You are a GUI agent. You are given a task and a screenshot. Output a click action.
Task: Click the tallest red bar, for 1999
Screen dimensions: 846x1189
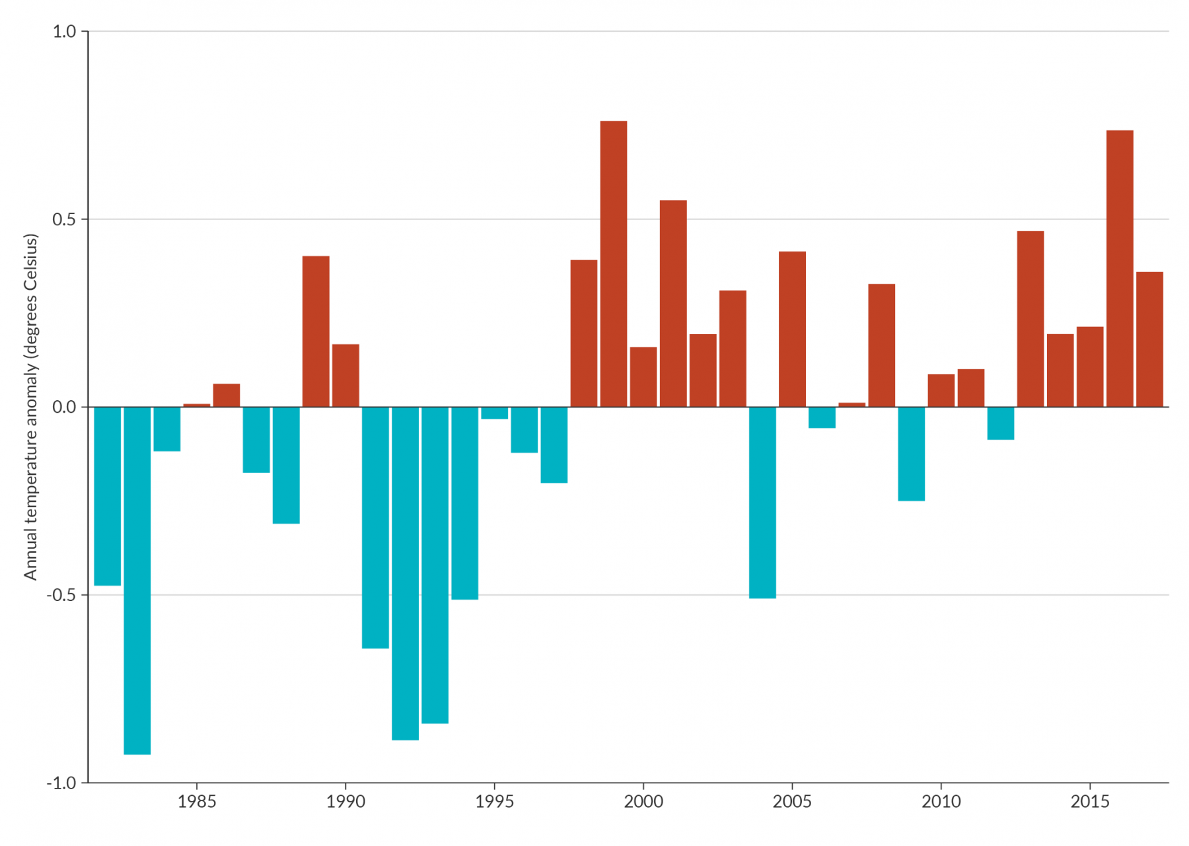613,264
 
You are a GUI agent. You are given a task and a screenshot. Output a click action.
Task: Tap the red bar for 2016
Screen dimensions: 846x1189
1119,269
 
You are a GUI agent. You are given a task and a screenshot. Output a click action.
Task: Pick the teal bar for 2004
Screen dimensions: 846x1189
762,502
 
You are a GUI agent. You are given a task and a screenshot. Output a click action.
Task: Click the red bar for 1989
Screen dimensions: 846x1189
316,332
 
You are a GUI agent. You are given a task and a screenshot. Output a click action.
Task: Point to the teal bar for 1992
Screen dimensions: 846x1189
405,573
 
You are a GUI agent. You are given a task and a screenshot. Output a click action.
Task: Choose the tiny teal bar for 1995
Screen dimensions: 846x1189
494,413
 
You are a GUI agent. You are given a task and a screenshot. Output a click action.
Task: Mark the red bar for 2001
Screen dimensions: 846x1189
672,304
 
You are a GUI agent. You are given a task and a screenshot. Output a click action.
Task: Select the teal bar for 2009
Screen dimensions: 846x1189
911,454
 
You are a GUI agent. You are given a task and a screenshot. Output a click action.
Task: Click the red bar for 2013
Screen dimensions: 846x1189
1030,319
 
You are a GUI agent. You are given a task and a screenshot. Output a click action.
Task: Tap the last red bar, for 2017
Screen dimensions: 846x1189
1149,339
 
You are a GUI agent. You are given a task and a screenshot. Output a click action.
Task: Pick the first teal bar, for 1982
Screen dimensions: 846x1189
107,495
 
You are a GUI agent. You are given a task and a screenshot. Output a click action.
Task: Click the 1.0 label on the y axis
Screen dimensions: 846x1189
64,32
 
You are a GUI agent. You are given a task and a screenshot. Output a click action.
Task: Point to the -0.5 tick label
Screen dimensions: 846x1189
61,595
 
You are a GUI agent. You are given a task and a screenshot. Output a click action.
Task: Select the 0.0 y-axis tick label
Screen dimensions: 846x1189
64,407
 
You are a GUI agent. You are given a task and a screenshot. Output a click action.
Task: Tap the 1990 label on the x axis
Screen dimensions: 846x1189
345,802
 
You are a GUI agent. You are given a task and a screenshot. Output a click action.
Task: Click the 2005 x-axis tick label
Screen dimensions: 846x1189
791,802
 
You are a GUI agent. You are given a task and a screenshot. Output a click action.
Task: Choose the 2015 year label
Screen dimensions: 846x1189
1089,802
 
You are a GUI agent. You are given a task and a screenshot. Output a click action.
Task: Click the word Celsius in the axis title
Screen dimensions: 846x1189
30,264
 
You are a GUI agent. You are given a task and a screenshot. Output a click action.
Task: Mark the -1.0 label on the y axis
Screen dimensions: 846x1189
61,783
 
